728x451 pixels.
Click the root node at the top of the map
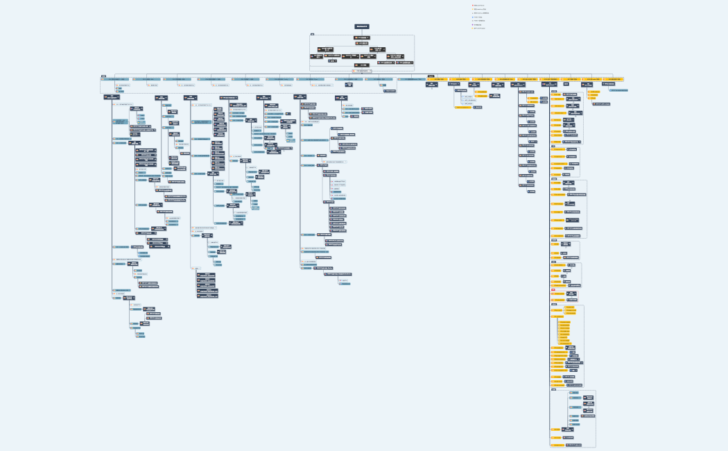[362, 26]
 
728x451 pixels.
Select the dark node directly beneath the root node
[362, 37]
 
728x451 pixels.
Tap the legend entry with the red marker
[479, 6]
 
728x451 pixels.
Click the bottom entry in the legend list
[479, 28]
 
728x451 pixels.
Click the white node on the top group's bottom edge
[362, 71]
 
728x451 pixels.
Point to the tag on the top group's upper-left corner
[312, 34]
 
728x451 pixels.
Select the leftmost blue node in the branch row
[114, 79]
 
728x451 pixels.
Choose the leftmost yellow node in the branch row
[438, 79]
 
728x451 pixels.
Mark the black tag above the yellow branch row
[431, 76]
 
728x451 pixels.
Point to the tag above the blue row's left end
[103, 76]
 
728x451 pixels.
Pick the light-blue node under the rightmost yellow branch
[618, 90]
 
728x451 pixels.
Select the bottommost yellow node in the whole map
[557, 445]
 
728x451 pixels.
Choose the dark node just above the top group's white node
[362, 65]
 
